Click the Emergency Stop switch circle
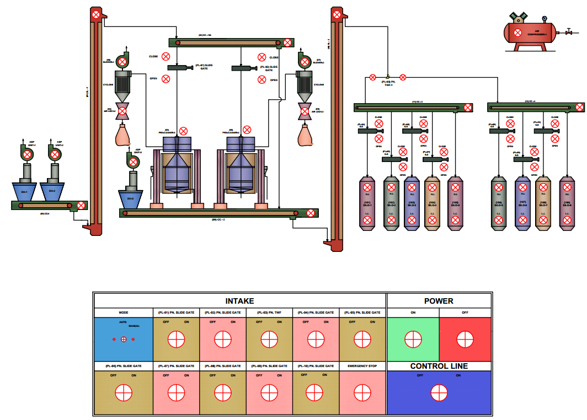click(x=362, y=392)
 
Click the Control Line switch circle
click(x=439, y=392)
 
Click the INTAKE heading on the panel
click(x=240, y=301)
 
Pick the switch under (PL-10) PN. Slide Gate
click(x=315, y=392)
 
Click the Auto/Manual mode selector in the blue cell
click(x=124, y=339)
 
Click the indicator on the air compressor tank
click(x=518, y=33)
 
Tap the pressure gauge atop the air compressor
click(x=545, y=18)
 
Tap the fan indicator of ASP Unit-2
click(x=55, y=154)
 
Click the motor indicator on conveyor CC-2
click(x=311, y=213)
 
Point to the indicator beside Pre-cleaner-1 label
click(x=184, y=130)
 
